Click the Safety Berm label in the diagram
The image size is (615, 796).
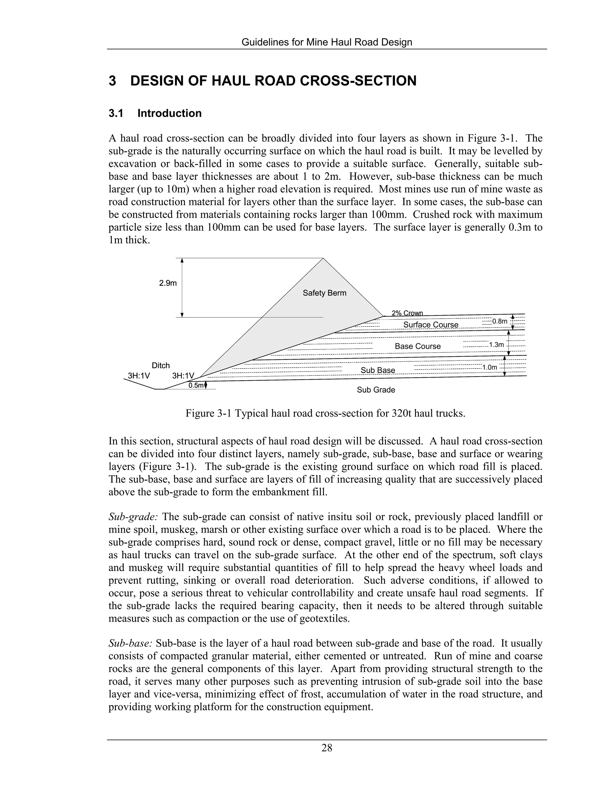click(x=324, y=293)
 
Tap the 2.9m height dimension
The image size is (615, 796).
click(x=168, y=283)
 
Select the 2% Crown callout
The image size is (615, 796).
click(x=407, y=313)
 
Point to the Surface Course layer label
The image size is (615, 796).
click(x=430, y=325)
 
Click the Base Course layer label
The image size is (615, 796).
click(x=417, y=346)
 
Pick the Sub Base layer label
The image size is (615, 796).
click(x=377, y=370)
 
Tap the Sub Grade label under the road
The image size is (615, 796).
click(x=376, y=390)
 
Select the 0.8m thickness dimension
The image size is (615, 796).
click(x=499, y=321)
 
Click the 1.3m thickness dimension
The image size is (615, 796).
click(x=496, y=345)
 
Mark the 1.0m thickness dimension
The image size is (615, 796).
click(x=489, y=367)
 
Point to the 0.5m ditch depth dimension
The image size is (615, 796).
click(x=196, y=386)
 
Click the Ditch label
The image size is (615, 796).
click(x=161, y=366)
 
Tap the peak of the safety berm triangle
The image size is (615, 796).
click(x=323, y=259)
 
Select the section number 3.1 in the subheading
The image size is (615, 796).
click(x=116, y=113)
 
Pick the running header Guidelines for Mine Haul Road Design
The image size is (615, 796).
click(x=327, y=42)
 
